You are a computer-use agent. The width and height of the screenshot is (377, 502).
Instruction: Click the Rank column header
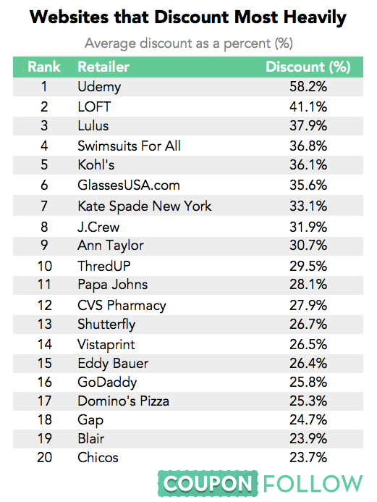(x=44, y=67)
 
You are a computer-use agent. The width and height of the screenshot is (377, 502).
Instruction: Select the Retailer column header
(x=103, y=67)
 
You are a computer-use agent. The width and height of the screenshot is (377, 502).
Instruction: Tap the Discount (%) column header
(x=308, y=67)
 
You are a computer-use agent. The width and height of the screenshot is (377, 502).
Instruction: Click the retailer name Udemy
(x=99, y=87)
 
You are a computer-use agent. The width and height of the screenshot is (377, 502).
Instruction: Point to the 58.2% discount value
(x=308, y=86)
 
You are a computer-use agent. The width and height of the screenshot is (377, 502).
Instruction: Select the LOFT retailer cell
(x=94, y=106)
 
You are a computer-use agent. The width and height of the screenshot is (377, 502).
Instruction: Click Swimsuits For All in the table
(x=129, y=146)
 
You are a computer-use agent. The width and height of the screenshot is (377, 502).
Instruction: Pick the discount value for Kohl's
(x=308, y=165)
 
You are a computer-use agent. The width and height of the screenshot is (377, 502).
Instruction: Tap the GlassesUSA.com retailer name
(x=129, y=185)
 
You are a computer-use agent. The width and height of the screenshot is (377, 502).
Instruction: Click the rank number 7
(x=44, y=206)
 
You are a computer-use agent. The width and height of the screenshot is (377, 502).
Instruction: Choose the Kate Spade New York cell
(x=144, y=206)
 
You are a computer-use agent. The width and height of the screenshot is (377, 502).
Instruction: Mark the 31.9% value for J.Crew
(x=308, y=227)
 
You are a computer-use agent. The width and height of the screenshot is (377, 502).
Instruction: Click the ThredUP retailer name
(x=104, y=266)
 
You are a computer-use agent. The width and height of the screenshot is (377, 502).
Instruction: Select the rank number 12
(x=44, y=305)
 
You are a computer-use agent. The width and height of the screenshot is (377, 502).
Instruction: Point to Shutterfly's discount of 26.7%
(x=308, y=324)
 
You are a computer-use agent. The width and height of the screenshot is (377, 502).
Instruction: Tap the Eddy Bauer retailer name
(x=113, y=364)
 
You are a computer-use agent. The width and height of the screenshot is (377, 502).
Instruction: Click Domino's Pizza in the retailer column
(x=123, y=401)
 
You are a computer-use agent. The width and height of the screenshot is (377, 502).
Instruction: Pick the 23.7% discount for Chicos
(x=308, y=457)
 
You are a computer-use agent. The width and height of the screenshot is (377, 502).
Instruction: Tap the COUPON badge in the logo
(x=208, y=483)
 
